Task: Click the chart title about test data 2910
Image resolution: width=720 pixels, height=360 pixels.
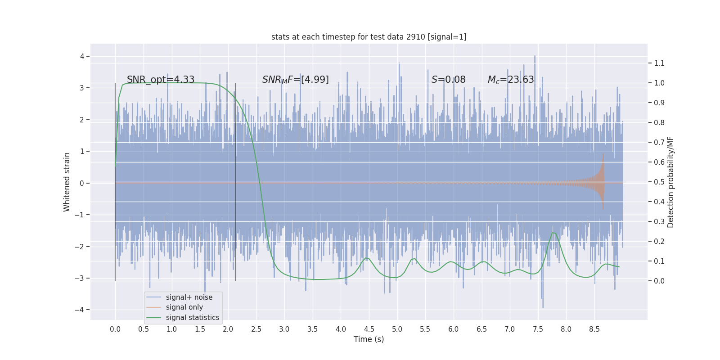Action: coord(369,37)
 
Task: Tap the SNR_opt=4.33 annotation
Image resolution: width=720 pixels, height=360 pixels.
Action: coord(161,80)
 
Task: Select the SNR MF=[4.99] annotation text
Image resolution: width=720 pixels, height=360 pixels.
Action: coord(295,80)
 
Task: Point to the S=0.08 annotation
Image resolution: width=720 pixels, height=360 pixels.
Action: coord(448,80)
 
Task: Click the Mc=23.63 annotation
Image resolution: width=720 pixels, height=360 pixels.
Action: coord(511,80)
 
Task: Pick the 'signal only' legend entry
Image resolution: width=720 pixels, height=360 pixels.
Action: coord(184,307)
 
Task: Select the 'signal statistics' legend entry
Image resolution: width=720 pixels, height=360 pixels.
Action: coord(192,318)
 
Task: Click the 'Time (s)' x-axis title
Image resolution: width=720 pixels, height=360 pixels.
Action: coord(369,339)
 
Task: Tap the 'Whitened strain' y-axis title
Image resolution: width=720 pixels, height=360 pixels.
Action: coord(67,182)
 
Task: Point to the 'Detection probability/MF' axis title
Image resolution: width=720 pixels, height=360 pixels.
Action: coord(670,182)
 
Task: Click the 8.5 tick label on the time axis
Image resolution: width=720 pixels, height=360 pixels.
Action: coord(594,329)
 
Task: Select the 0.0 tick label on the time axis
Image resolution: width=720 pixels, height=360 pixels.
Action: coord(115,329)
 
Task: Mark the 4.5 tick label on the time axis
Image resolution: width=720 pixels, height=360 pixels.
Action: coord(369,329)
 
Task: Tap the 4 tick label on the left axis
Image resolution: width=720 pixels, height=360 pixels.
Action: coord(82,56)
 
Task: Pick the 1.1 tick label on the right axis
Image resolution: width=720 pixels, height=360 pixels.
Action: coord(659,63)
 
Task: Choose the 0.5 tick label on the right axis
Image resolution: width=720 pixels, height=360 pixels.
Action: coord(659,182)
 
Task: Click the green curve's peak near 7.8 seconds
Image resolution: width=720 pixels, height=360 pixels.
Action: coord(554,233)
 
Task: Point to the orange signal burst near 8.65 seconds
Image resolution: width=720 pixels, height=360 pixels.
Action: coord(602,182)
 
